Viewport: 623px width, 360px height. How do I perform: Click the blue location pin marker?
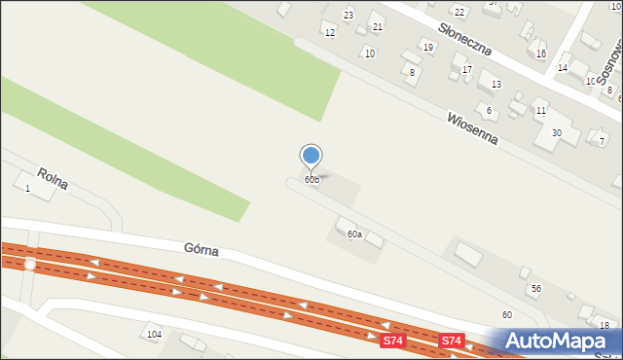[311, 156]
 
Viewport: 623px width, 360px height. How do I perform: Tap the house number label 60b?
[311, 180]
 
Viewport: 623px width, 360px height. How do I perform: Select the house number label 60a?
[355, 234]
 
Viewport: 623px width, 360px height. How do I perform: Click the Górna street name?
[201, 250]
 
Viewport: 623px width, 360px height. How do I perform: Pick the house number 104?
[153, 335]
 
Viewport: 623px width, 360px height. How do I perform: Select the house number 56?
[535, 289]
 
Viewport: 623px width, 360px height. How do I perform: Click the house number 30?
[557, 133]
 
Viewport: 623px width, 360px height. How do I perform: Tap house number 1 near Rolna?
[27, 188]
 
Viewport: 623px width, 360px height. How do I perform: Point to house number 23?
[348, 16]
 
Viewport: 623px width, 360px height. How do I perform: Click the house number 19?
[427, 47]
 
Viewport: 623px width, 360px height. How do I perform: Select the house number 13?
[495, 85]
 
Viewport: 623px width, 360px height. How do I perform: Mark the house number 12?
[329, 33]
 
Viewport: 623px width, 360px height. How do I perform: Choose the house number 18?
[605, 325]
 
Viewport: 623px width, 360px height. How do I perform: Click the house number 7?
[602, 142]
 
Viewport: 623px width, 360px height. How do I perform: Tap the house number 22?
[459, 12]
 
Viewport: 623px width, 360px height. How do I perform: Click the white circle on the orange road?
[30, 264]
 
